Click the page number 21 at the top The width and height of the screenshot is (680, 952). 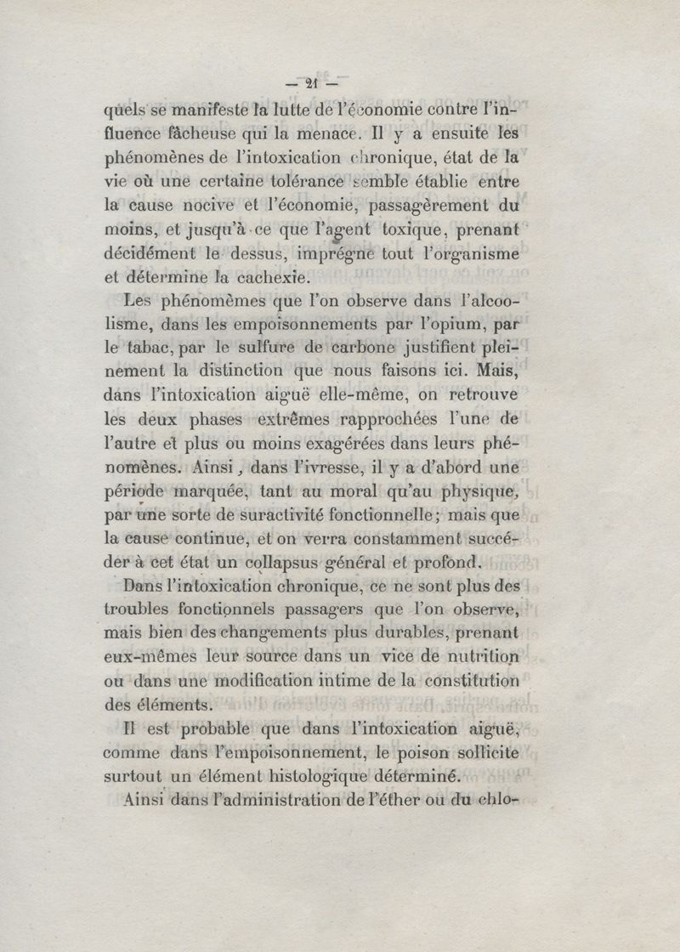[309, 83]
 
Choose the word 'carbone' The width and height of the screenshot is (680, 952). [369, 348]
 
